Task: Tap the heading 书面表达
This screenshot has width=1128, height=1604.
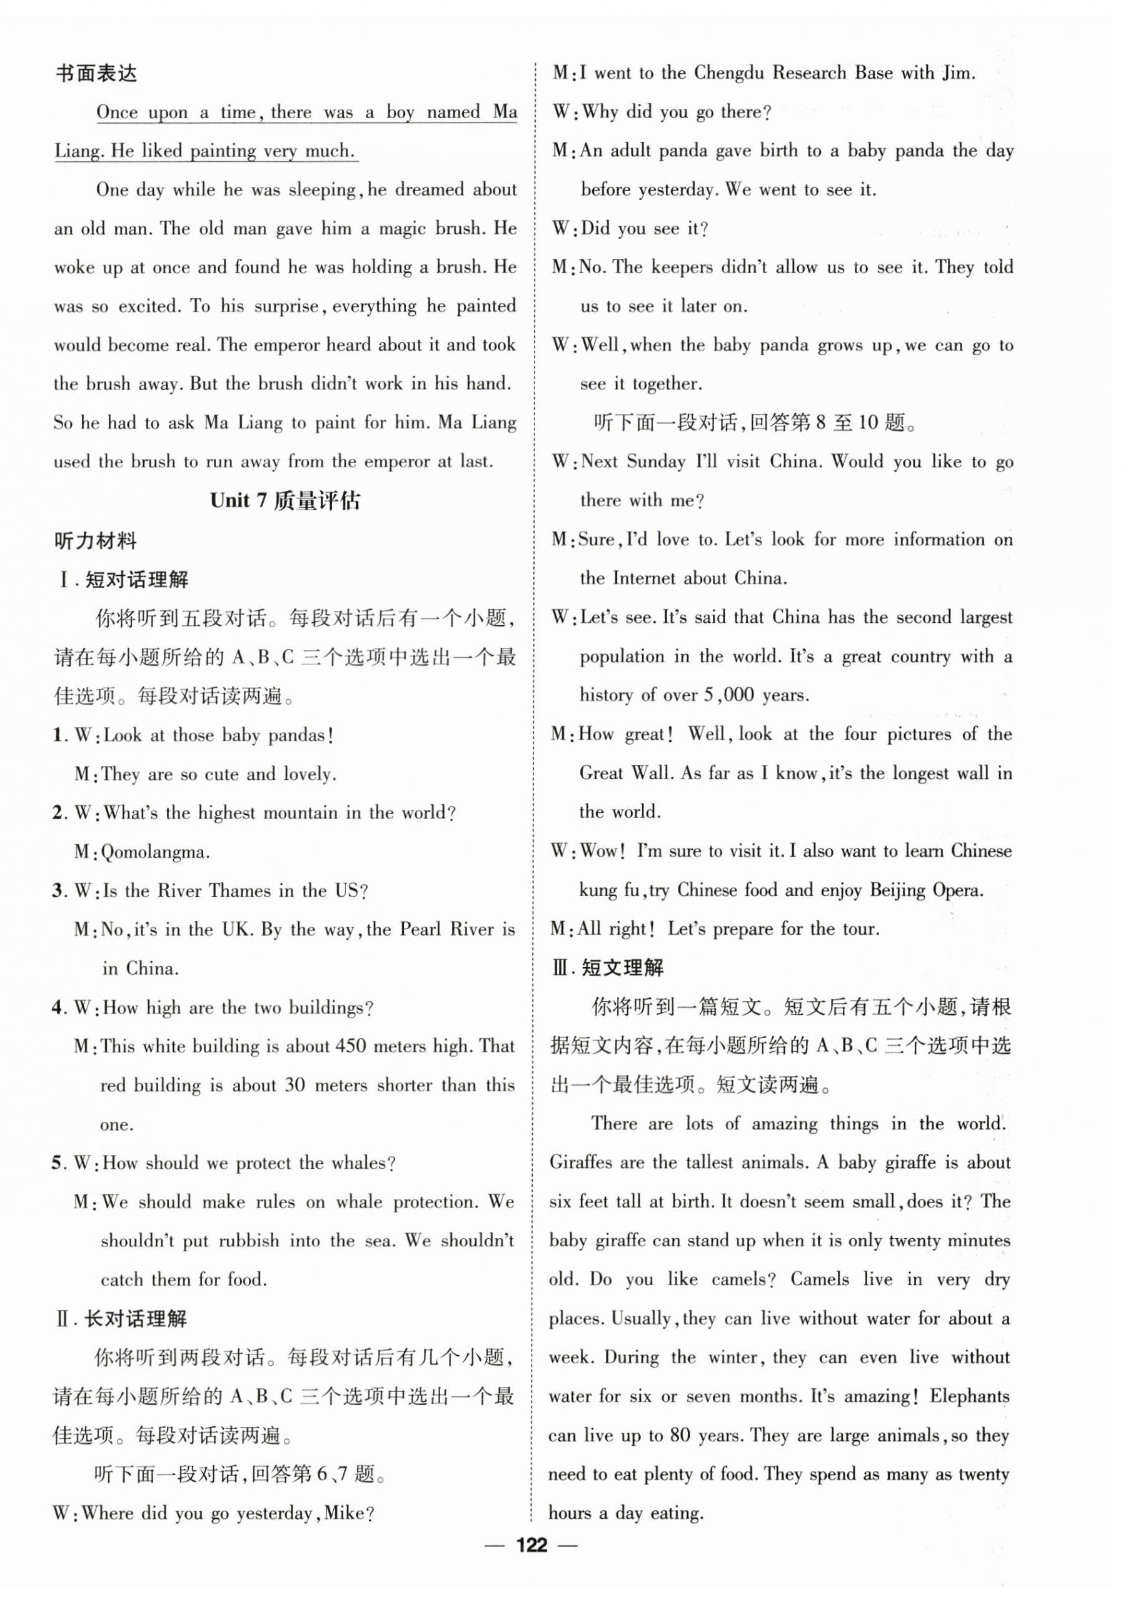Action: pyautogui.click(x=96, y=73)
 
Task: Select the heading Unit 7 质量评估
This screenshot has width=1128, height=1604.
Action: pyautogui.click(x=285, y=501)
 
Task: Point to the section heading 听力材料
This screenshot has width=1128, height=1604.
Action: pyautogui.click(x=96, y=541)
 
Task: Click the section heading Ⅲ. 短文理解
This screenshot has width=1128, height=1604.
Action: pyautogui.click(x=608, y=967)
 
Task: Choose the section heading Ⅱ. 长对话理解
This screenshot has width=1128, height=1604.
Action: pyautogui.click(x=121, y=1319)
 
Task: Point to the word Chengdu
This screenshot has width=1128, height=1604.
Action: pyautogui.click(x=730, y=73)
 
